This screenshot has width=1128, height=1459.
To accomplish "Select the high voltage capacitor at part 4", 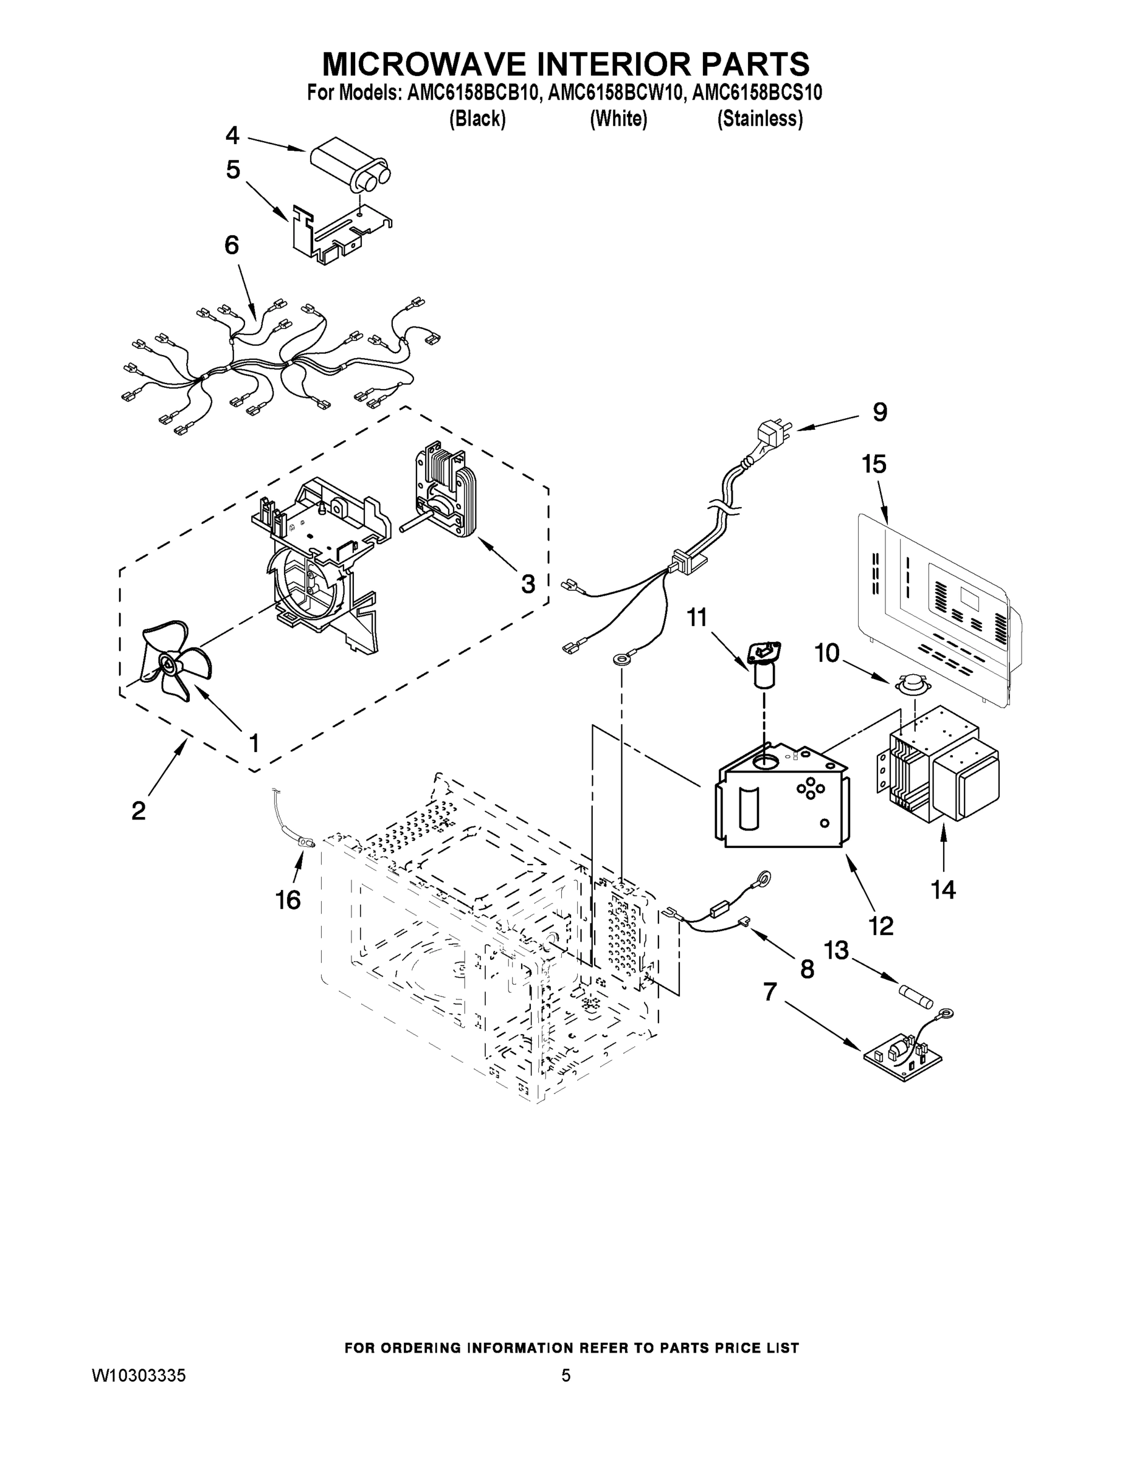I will coord(350,162).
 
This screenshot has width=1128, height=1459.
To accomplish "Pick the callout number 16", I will coord(288,900).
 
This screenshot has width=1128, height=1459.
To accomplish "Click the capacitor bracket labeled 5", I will coord(340,234).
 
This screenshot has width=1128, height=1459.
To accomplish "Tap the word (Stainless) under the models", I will coord(759,119).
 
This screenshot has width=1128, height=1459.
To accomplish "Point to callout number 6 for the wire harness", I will coord(231,246).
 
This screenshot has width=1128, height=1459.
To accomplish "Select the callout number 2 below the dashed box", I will coord(138,810).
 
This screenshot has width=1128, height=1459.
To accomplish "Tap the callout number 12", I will coord(881,925).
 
